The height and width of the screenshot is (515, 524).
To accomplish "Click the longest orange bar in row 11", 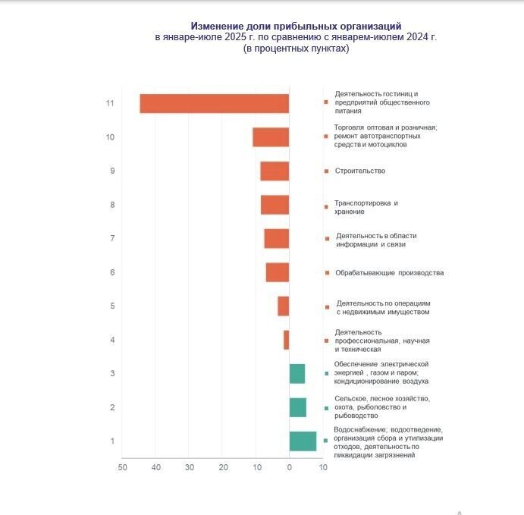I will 215,103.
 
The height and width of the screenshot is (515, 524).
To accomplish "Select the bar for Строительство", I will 275,171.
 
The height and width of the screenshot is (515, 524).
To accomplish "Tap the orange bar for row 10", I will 271,137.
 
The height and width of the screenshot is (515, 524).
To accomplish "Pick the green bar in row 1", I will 303,441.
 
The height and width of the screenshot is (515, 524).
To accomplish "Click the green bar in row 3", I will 297,373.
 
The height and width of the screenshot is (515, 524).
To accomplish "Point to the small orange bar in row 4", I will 287,340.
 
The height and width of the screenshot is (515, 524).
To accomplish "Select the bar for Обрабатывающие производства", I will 278,272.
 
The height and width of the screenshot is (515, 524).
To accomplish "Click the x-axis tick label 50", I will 122,467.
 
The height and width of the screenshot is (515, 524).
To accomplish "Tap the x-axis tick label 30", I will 190,467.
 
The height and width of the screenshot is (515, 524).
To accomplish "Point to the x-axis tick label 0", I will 289,467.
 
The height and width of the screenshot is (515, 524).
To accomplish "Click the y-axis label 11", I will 110,103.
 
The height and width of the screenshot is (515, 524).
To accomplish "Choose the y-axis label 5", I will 112,306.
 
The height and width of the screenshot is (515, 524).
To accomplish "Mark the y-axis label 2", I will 112,407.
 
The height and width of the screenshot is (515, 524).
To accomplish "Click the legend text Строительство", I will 360,171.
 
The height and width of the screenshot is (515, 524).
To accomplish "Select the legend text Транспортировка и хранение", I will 366,207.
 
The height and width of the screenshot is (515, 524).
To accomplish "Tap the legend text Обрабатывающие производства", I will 389,272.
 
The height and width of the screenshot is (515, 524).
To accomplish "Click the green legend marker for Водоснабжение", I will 326,441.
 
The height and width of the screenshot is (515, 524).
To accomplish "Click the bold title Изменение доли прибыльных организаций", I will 296,26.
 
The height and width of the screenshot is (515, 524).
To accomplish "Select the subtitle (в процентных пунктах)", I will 296,48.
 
